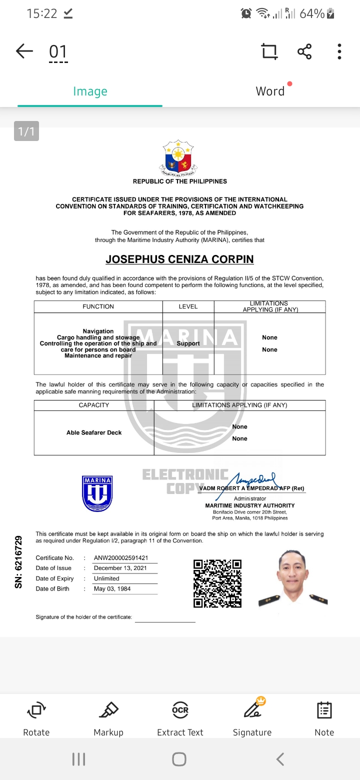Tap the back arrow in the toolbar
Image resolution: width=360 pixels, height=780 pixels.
click(x=24, y=51)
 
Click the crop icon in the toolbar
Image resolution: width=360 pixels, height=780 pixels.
click(x=269, y=51)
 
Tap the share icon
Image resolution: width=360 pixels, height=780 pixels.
click(x=304, y=51)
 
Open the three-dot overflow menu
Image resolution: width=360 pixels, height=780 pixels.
click(x=339, y=51)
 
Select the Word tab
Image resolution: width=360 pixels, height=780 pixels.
click(x=270, y=91)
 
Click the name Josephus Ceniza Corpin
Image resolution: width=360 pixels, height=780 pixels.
click(x=179, y=259)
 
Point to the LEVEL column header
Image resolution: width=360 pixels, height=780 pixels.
click(x=188, y=306)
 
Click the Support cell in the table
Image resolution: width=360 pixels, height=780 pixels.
click(x=188, y=343)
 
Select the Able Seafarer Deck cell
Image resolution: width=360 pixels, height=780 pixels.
click(x=94, y=432)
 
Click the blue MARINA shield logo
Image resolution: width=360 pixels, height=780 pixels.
click(x=97, y=493)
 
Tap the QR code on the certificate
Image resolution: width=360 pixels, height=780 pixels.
click(x=217, y=583)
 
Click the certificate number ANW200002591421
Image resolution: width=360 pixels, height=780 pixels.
click(x=121, y=558)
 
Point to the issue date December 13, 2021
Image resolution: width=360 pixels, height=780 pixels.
click(x=120, y=568)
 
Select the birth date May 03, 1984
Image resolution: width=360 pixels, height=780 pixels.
click(x=112, y=589)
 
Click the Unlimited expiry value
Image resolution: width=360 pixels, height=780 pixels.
click(x=106, y=578)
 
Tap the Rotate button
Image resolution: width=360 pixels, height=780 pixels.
click(x=36, y=717)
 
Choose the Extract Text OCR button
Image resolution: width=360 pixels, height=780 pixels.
click(x=180, y=717)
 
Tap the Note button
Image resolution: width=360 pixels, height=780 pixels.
click(x=324, y=717)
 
